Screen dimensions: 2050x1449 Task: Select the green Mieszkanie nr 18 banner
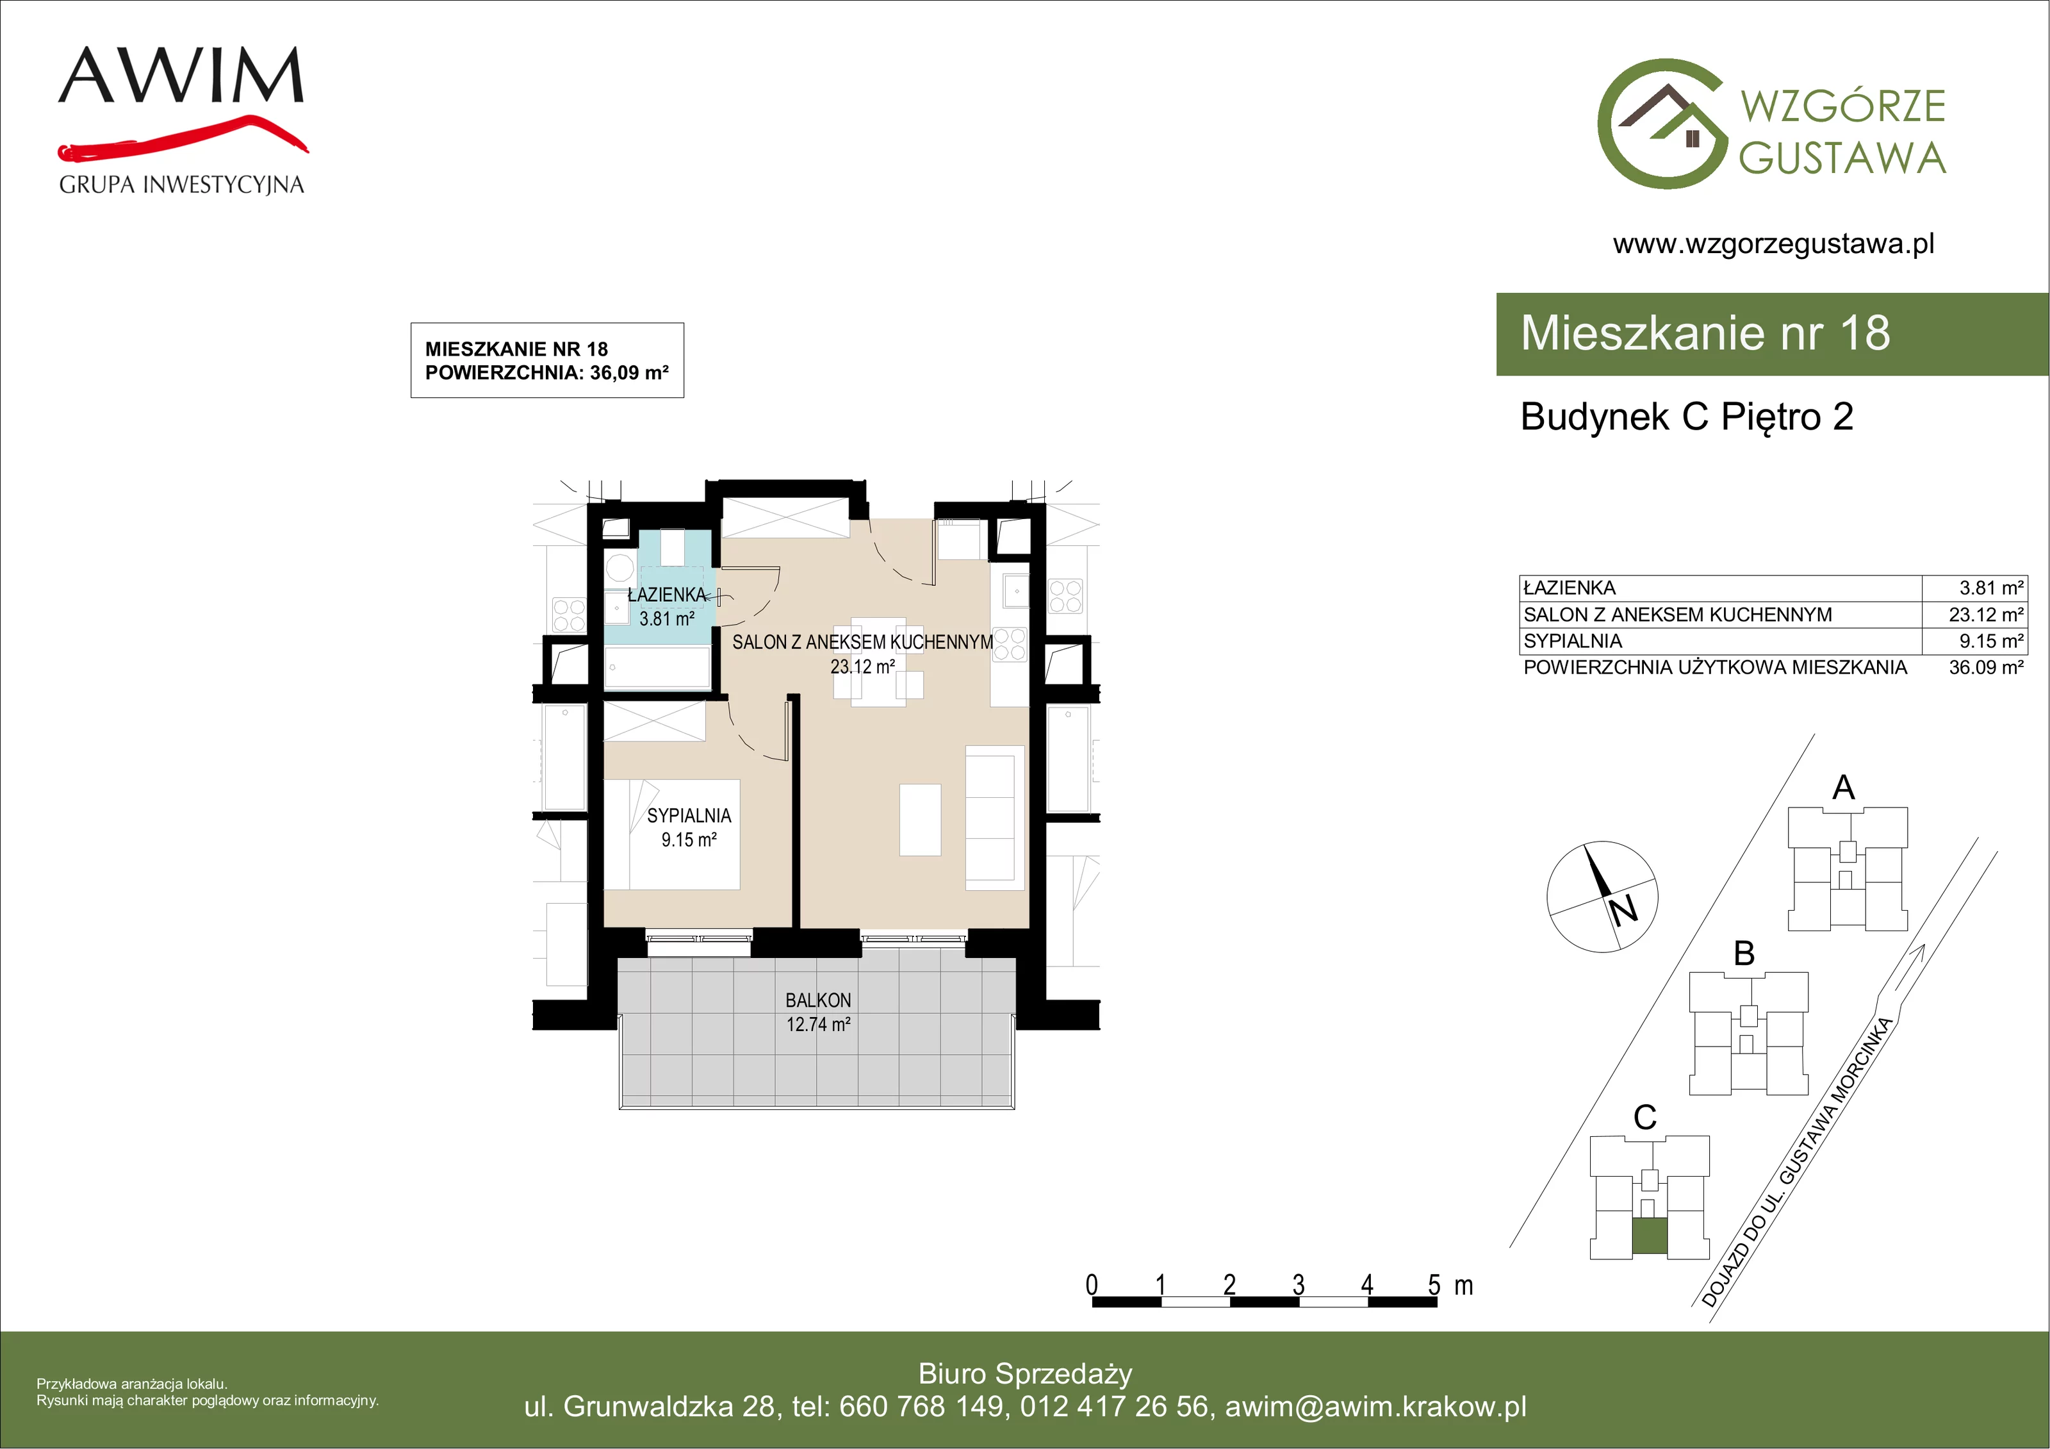point(1773,333)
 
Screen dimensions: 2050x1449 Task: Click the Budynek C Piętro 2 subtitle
point(1687,417)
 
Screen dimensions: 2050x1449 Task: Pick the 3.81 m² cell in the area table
point(1991,588)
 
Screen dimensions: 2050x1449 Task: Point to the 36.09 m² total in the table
point(1986,667)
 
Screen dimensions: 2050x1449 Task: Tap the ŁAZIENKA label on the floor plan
point(667,594)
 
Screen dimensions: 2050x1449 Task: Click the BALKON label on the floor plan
point(818,1000)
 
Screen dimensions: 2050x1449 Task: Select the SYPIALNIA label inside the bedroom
point(689,816)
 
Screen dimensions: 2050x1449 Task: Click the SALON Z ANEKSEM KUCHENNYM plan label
point(862,642)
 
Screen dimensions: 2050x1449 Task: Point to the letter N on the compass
point(1624,910)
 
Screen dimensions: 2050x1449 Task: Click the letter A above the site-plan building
point(1844,787)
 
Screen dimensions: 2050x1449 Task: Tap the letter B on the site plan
point(1744,953)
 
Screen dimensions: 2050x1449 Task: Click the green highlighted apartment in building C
point(1649,1236)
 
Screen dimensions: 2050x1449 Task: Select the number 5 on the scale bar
point(1434,1286)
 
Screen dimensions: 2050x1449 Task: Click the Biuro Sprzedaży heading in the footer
point(1025,1373)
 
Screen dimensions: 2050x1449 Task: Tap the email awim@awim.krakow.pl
point(1376,1406)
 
